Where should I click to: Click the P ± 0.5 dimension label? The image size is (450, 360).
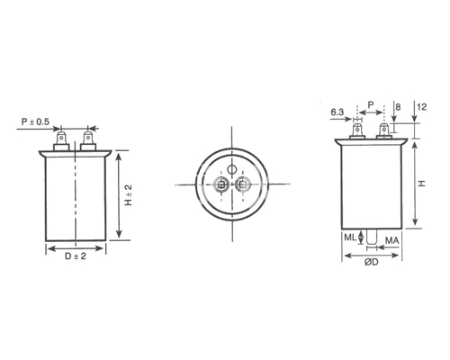click(35, 121)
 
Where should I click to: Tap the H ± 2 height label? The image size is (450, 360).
click(129, 195)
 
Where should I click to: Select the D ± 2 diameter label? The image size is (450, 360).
click(76, 256)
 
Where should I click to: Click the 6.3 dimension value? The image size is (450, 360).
click(337, 112)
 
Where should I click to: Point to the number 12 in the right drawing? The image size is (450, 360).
click(422, 107)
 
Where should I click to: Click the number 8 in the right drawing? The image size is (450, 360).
click(398, 107)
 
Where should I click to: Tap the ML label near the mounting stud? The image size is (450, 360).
click(350, 238)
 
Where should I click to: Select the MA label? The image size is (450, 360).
click(392, 240)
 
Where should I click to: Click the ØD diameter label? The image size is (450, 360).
click(372, 262)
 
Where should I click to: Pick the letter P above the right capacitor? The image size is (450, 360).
click(371, 105)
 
